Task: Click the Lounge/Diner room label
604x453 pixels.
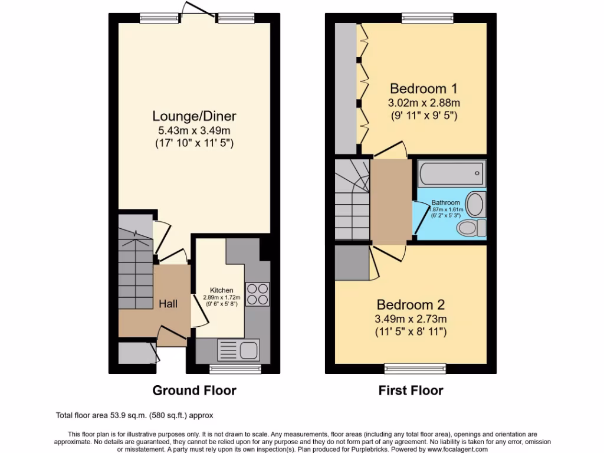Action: [x=195, y=116]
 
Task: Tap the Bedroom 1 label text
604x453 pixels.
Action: [x=424, y=89]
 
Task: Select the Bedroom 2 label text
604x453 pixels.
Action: [x=411, y=305]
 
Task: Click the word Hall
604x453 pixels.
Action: [x=168, y=303]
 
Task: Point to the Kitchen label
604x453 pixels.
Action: [x=222, y=290]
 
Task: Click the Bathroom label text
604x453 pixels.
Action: [x=445, y=203]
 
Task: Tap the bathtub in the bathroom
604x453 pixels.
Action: [x=451, y=173]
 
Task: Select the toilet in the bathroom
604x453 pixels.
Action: [x=472, y=227]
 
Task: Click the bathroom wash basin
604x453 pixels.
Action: [x=475, y=204]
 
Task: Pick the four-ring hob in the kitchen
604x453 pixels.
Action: [x=258, y=294]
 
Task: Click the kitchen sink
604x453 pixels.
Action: [x=239, y=347]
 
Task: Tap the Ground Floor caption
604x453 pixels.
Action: [x=194, y=390]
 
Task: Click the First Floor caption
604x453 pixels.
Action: [x=411, y=390]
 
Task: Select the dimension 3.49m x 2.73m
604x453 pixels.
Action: [x=411, y=319]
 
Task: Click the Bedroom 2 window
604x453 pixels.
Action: [x=411, y=369]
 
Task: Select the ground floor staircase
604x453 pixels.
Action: [x=135, y=260]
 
